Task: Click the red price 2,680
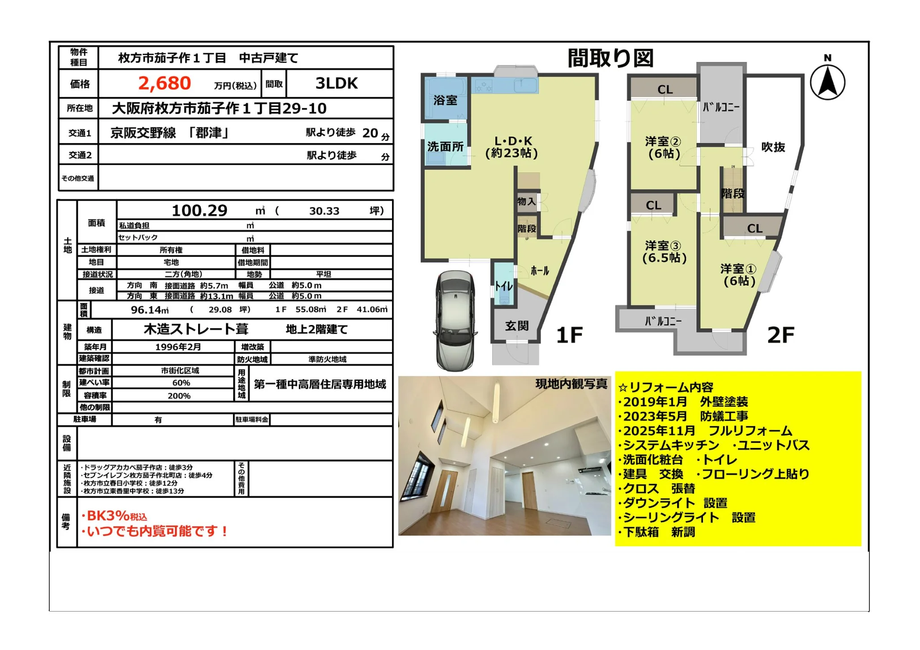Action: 164,84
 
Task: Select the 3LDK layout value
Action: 336,84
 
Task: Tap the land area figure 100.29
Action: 200,211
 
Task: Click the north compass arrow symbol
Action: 827,82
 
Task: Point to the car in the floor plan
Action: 455,321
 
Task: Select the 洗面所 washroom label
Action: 445,147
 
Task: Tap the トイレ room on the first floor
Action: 504,285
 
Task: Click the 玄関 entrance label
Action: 517,326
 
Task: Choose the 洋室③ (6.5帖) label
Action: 664,252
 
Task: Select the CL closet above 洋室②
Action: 664,89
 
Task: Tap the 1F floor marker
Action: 569,335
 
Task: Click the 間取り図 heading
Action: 610,58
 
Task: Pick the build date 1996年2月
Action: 178,347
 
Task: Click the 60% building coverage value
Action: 181,383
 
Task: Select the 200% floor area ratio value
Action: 179,396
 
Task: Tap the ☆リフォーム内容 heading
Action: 665,387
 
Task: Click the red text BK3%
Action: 108,516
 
